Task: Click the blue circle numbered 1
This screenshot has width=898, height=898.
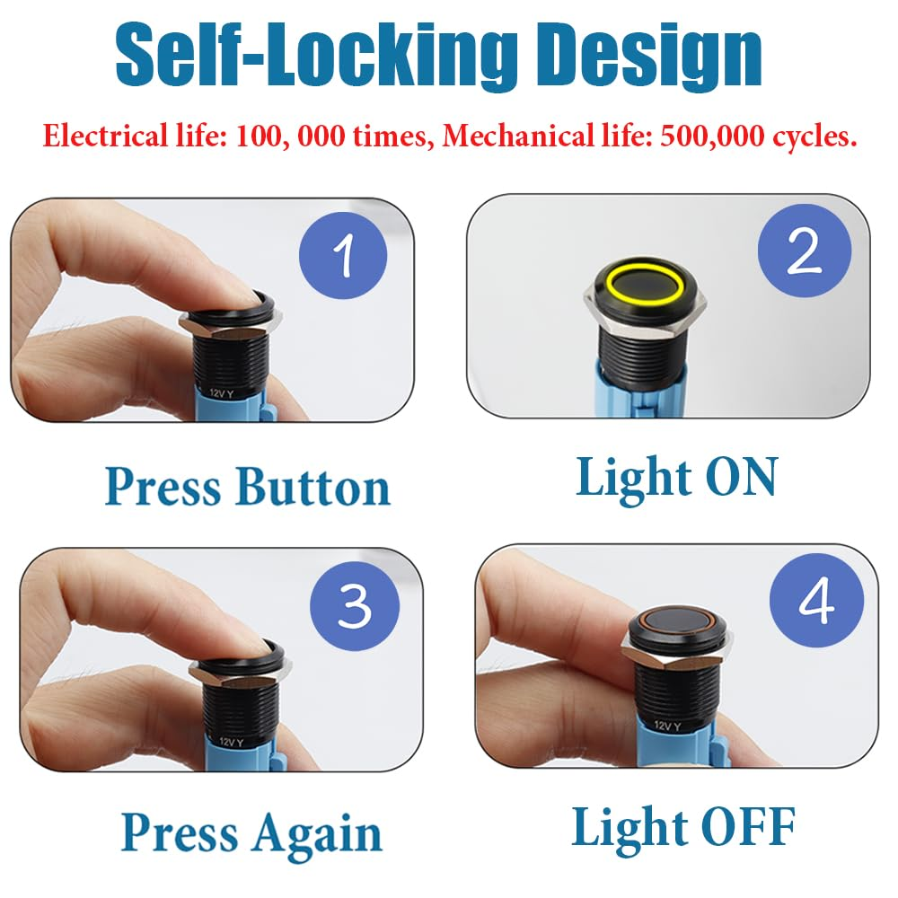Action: pyautogui.click(x=342, y=255)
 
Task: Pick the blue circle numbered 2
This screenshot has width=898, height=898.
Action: pyautogui.click(x=804, y=251)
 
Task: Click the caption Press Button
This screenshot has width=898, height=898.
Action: pyautogui.click(x=247, y=487)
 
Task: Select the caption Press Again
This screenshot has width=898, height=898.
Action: pyautogui.click(x=251, y=833)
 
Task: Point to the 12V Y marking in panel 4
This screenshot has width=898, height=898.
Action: pyautogui.click(x=666, y=726)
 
